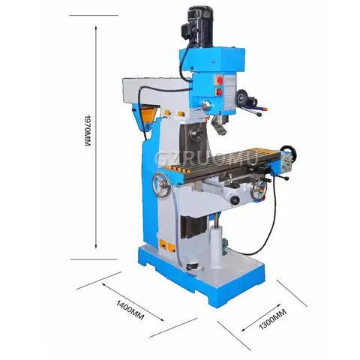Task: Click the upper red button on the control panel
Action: point(220,80)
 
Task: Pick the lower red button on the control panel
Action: point(220,94)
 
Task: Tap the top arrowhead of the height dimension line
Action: point(96,27)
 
